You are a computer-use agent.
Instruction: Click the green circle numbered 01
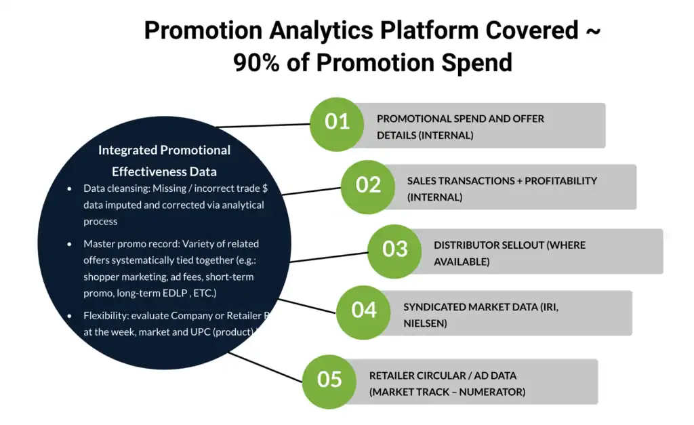click(x=337, y=122)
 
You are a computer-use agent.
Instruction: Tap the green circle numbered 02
click(x=368, y=185)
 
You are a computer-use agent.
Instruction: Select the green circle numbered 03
click(x=394, y=249)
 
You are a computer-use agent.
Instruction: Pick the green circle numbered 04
click(x=364, y=310)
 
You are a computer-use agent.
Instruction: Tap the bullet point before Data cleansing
click(x=69, y=188)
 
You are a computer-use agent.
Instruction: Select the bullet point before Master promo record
click(x=69, y=243)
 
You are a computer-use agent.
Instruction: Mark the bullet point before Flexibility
click(x=69, y=316)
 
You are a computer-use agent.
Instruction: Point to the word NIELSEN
click(x=425, y=324)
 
